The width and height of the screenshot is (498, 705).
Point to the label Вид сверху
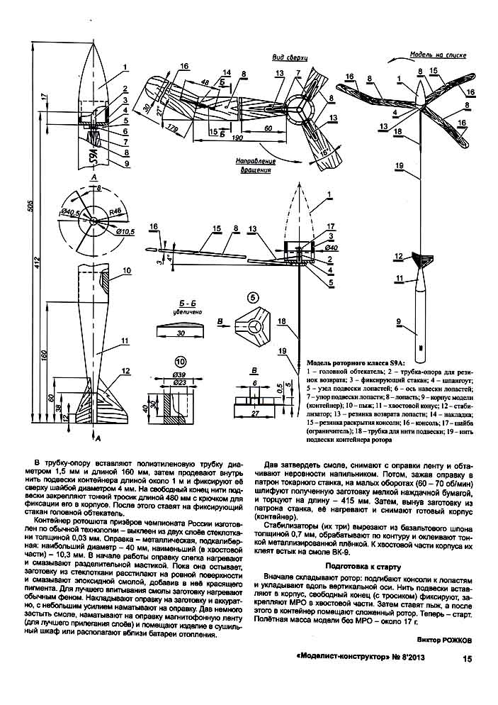[285, 57]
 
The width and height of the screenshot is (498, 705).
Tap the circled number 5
[253, 296]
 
